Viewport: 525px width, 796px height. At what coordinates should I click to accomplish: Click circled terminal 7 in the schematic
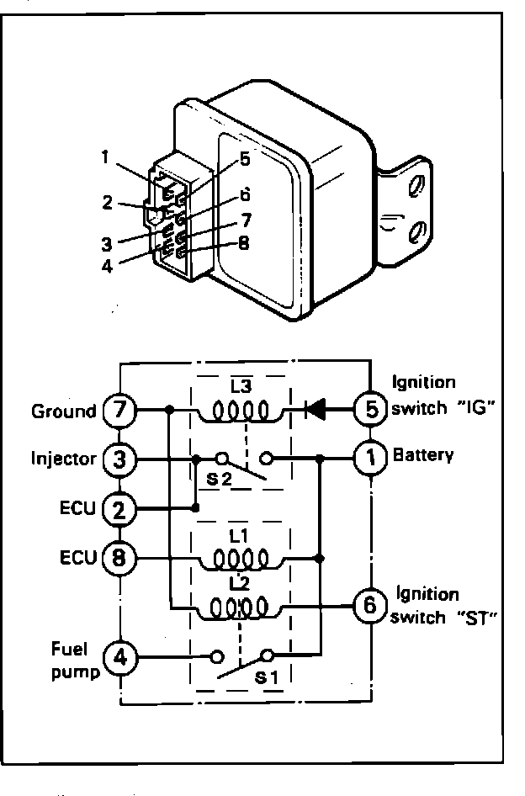coord(119,409)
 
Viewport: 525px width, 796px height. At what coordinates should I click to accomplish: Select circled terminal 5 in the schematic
coord(372,409)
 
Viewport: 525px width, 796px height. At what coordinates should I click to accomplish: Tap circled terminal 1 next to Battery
coord(372,458)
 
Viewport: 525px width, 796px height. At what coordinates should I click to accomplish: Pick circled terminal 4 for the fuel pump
coord(120,659)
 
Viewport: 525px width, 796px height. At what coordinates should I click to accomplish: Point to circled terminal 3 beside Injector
coord(119,459)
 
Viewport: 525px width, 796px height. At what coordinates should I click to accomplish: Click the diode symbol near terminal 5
coord(315,409)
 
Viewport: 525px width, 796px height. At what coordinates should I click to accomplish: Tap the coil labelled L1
coord(241,560)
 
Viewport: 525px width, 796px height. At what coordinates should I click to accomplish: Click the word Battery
coord(423,455)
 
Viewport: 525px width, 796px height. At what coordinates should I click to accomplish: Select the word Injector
coord(63,459)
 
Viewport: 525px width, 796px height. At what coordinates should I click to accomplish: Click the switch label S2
coord(218,480)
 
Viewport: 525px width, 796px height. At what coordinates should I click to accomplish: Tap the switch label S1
coord(266,677)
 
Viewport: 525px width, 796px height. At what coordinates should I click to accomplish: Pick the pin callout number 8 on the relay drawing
coord(244,243)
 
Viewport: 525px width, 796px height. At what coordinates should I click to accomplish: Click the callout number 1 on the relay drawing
coord(104,157)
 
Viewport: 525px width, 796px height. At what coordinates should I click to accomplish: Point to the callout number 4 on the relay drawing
coord(107,266)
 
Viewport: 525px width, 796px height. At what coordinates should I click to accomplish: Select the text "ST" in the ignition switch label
coord(475,618)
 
